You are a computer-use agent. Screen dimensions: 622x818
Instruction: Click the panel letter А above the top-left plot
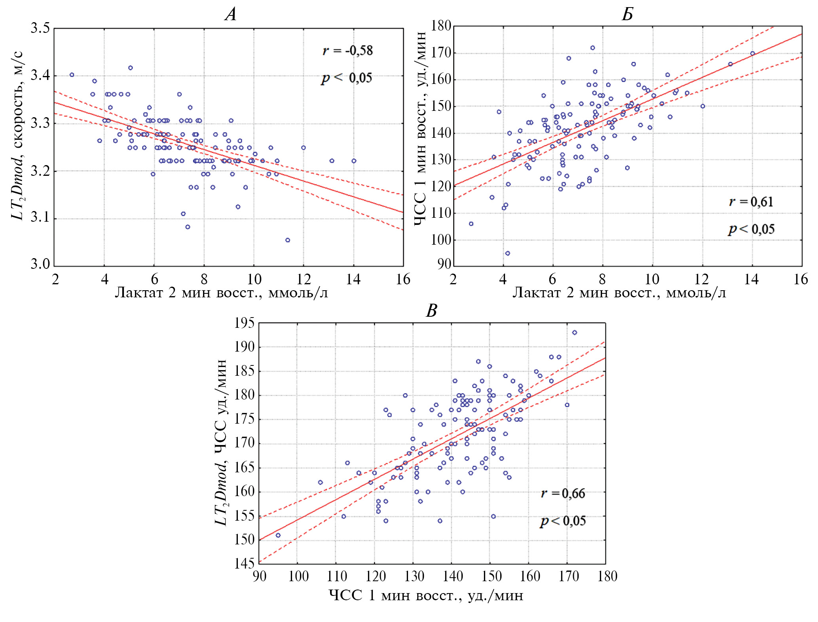[x=230, y=15]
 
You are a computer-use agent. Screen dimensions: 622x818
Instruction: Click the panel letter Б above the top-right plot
[x=627, y=15]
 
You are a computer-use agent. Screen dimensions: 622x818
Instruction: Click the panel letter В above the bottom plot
[x=431, y=311]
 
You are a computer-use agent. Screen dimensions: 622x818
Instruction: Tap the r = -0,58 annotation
[x=347, y=51]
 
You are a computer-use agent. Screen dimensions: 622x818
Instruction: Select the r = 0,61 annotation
[x=751, y=202]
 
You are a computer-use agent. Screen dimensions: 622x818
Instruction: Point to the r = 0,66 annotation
[x=563, y=493]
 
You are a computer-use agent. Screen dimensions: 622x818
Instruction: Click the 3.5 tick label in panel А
[x=40, y=29]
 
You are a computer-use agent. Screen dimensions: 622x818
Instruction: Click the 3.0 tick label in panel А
[x=40, y=264]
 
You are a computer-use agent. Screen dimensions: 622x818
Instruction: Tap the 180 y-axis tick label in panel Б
[x=441, y=26]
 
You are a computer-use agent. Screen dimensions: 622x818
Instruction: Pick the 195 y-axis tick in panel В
[x=244, y=323]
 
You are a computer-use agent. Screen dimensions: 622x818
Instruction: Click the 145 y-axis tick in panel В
[x=244, y=563]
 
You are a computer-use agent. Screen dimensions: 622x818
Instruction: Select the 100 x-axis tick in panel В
[x=298, y=576]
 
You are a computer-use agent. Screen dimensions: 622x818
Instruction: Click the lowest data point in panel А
[x=288, y=240]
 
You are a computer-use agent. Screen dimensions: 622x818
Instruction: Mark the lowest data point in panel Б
[x=508, y=253]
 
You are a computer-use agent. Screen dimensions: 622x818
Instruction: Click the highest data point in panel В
[x=575, y=333]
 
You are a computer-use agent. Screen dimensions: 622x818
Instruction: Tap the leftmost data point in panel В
[x=278, y=535]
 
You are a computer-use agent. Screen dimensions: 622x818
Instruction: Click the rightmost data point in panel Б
[x=752, y=53]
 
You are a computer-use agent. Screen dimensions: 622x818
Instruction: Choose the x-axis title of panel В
[x=426, y=595]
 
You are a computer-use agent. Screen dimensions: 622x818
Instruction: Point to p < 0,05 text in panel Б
[x=751, y=229]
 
